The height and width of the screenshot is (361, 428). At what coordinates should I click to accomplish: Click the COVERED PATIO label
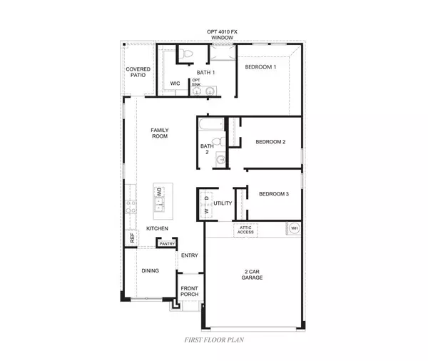(138, 72)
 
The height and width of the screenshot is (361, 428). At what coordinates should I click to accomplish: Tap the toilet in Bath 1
(185, 53)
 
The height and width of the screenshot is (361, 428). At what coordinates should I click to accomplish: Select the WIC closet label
(175, 83)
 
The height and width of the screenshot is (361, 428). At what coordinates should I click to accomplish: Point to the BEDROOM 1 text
(260, 67)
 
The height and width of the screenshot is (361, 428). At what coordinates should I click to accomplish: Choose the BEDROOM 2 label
(270, 142)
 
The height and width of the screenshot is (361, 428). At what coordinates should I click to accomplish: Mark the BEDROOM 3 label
(274, 194)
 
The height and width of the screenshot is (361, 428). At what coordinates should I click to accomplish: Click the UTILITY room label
(223, 203)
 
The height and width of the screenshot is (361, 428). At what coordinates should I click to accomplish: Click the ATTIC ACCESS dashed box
(245, 230)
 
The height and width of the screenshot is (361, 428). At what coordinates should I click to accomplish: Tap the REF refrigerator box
(132, 239)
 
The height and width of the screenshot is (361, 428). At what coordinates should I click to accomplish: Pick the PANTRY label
(167, 244)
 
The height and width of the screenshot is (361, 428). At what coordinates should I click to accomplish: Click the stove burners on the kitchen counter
(131, 207)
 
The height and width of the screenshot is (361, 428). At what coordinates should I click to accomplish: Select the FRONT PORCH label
(189, 293)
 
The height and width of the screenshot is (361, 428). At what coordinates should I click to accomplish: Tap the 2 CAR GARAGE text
(253, 274)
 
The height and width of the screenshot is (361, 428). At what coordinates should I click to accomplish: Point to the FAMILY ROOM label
(159, 133)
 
